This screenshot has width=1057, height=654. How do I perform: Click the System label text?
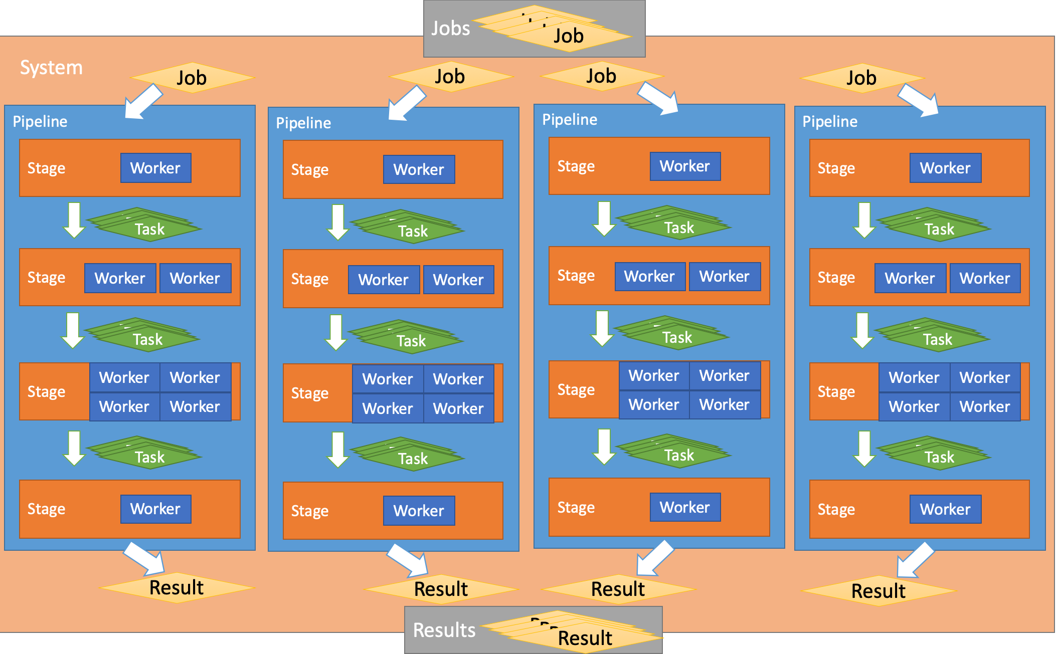point(51,68)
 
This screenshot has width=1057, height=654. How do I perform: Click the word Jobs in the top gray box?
point(450,29)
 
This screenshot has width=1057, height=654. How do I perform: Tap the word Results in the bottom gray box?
point(444,630)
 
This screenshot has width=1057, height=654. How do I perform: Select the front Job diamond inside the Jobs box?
point(569,36)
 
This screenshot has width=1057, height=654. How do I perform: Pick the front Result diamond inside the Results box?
point(585,638)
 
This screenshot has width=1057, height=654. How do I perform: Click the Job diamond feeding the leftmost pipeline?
point(192,78)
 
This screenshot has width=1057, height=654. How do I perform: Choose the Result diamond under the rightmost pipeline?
point(878,591)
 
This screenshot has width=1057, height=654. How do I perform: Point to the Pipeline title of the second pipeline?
point(303,123)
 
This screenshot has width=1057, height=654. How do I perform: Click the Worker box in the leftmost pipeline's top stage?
point(155,168)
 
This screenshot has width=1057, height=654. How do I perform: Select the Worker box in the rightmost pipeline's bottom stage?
point(945,509)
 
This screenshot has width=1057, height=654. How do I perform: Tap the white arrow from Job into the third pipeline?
point(659,98)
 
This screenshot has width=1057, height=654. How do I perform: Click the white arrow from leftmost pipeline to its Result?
point(145,558)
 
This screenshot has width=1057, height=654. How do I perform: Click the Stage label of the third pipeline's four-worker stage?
point(576,390)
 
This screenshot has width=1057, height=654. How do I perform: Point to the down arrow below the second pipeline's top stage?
point(338,222)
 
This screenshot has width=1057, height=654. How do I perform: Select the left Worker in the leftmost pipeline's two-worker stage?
point(120,278)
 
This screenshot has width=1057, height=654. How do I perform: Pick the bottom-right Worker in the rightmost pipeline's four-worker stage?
point(984,406)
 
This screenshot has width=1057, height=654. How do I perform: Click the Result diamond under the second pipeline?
point(441,589)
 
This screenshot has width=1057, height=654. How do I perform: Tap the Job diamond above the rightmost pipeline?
point(861,78)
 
